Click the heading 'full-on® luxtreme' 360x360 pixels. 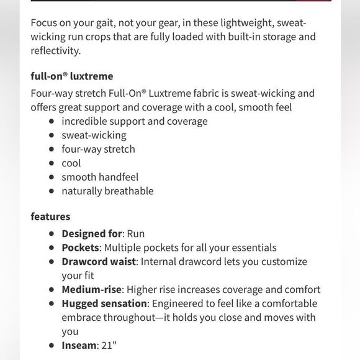(x=72, y=77)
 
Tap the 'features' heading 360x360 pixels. (x=50, y=217)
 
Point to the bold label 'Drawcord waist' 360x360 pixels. (x=98, y=261)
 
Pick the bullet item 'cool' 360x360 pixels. (x=71, y=163)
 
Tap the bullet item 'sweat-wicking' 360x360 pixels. (x=94, y=135)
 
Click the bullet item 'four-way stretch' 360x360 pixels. (x=98, y=149)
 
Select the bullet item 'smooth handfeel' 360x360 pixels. (x=100, y=177)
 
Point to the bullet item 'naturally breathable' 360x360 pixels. (x=107, y=191)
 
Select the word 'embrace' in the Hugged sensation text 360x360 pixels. (x=83, y=317)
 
